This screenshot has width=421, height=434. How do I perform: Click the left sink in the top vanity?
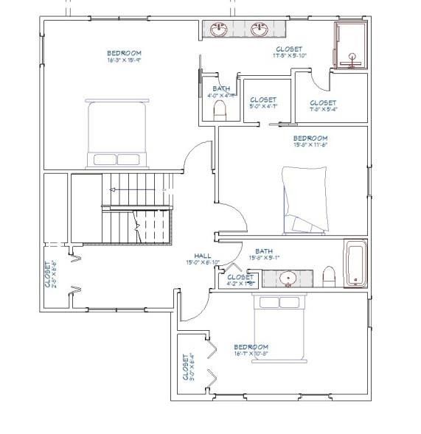pos(219,29)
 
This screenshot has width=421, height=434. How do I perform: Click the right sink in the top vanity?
pos(259,29)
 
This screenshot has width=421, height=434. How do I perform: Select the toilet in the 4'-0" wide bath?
pos(218,111)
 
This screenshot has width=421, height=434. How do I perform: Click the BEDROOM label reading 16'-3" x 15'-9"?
pos(124,56)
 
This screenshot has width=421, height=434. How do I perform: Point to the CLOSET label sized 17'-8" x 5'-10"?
pos(288,52)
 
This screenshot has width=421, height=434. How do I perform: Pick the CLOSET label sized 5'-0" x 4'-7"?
pos(263,102)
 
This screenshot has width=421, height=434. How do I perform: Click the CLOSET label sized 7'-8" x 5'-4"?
pos(323,105)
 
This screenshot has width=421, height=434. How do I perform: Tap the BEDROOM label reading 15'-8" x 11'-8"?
pos(310,141)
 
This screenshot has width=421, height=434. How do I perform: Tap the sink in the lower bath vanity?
pos(288,279)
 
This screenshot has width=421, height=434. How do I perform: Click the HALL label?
pos(198,259)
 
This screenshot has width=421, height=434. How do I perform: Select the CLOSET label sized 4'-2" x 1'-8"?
pos(240,280)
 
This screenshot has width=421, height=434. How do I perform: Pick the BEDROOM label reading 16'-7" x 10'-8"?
pos(251,349)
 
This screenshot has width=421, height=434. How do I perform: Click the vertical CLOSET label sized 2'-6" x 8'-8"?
pos(49,273)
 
